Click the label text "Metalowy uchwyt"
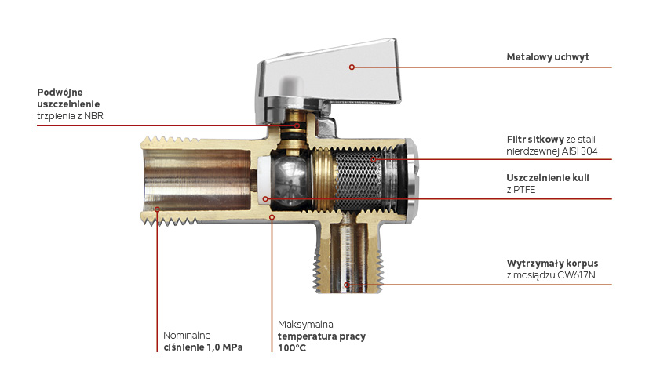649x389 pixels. point(548,57)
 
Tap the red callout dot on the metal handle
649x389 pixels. point(352,67)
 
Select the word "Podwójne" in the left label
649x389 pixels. point(60,93)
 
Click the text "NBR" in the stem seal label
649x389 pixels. point(93,116)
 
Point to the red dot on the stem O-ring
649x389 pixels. point(297,125)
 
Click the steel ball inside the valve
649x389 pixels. point(290,179)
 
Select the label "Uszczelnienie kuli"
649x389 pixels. point(548,178)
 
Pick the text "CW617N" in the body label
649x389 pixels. point(576,275)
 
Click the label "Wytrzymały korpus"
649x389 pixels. point(552,264)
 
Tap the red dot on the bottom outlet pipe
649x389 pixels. point(347,285)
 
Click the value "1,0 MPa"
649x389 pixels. point(224,347)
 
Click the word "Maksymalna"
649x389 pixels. point(305,325)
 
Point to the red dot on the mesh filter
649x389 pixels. point(374,159)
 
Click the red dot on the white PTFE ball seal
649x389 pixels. point(265,199)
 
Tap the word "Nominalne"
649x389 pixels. point(187,336)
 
